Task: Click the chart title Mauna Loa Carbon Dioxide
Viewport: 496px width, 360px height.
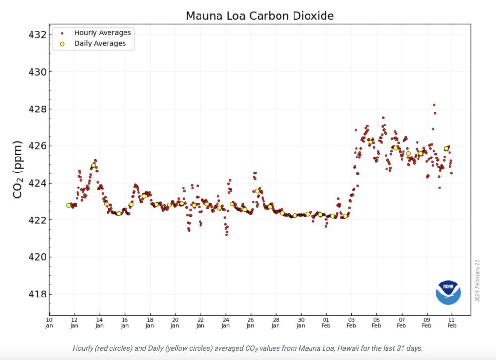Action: (260, 16)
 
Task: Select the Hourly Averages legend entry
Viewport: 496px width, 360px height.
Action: (102, 33)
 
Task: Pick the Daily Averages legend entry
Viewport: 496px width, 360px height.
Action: (100, 43)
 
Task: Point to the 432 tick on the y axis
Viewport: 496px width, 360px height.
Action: (37, 35)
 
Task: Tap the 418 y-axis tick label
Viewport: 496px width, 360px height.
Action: (37, 294)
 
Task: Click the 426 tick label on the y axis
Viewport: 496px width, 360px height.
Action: (37, 146)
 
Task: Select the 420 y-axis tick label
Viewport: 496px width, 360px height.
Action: (37, 257)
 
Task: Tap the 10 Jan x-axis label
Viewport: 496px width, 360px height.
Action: (49, 322)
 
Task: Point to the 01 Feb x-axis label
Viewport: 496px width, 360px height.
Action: (326, 322)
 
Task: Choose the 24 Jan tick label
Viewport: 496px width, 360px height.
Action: (225, 322)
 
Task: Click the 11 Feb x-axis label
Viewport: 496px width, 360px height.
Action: (451, 322)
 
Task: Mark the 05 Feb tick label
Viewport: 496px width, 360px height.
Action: (376, 322)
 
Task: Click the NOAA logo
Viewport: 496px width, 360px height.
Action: (448, 292)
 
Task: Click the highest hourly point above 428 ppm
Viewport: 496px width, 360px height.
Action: (434, 105)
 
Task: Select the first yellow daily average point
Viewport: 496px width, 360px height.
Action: (69, 205)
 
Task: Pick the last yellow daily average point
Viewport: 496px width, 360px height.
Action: (446, 148)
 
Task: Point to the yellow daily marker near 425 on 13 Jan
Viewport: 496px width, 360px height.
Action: (93, 165)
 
